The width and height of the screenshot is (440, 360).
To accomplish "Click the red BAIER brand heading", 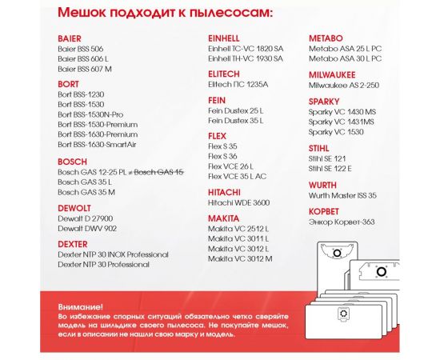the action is point(70,38).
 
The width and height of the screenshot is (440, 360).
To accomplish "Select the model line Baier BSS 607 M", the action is point(85,69).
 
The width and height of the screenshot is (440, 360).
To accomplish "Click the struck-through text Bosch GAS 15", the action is point(158,171).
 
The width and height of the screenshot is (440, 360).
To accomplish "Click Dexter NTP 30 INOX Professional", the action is point(114,253).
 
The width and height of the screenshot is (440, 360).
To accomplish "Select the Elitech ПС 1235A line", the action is point(238,83).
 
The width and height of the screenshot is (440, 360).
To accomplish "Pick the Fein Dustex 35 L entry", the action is point(235,119).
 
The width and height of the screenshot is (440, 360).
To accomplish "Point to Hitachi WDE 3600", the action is point(238,203).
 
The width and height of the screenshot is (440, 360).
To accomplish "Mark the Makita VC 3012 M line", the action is point(240,258).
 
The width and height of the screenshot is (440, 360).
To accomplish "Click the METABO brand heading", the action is point(326,38).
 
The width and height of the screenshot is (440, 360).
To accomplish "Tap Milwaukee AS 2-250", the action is point(343,83).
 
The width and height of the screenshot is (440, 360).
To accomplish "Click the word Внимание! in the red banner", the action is point(80,306).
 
